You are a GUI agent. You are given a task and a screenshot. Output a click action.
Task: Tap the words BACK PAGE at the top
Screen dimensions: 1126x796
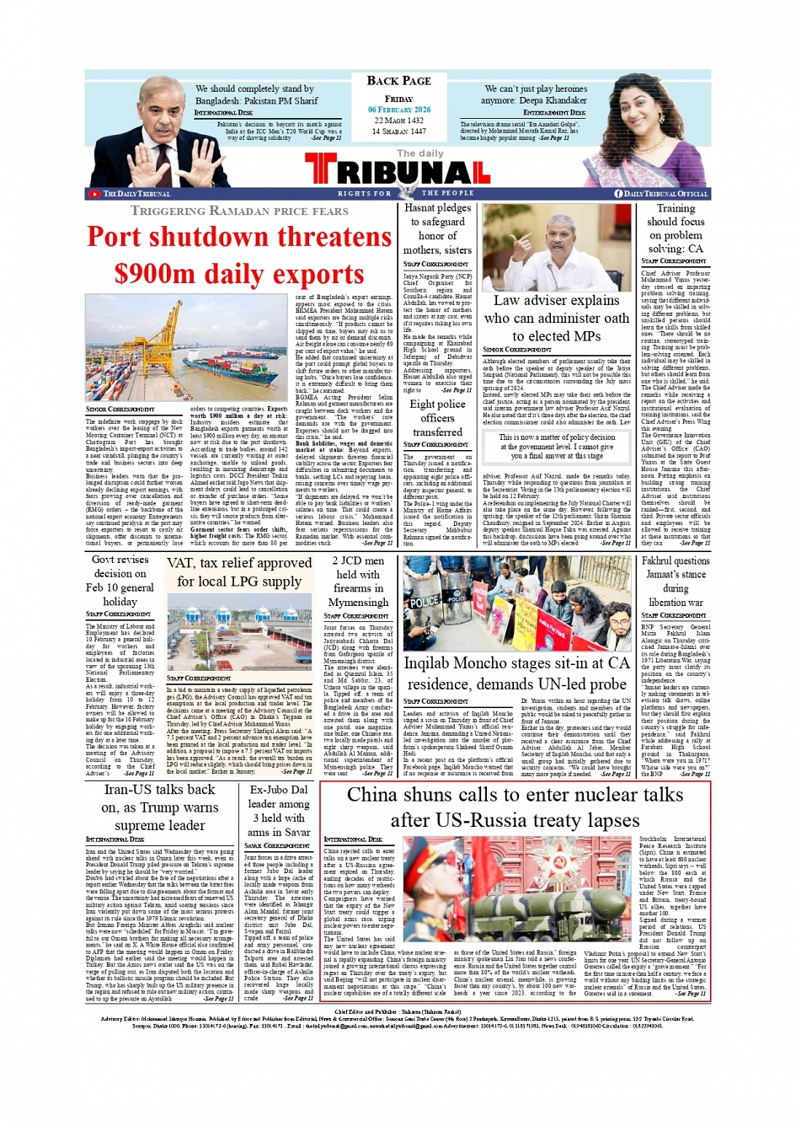tap(398, 81)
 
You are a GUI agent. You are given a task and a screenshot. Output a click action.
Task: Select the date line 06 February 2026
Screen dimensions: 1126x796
tap(398, 110)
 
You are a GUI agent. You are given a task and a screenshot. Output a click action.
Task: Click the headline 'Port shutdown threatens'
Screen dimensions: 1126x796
tap(239, 237)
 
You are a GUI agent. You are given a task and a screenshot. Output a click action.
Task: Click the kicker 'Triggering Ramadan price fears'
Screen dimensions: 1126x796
tap(239, 211)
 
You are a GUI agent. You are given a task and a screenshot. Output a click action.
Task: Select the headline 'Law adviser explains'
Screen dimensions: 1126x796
tap(556, 300)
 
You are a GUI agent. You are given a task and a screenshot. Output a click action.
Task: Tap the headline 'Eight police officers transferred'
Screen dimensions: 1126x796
tap(437, 418)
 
